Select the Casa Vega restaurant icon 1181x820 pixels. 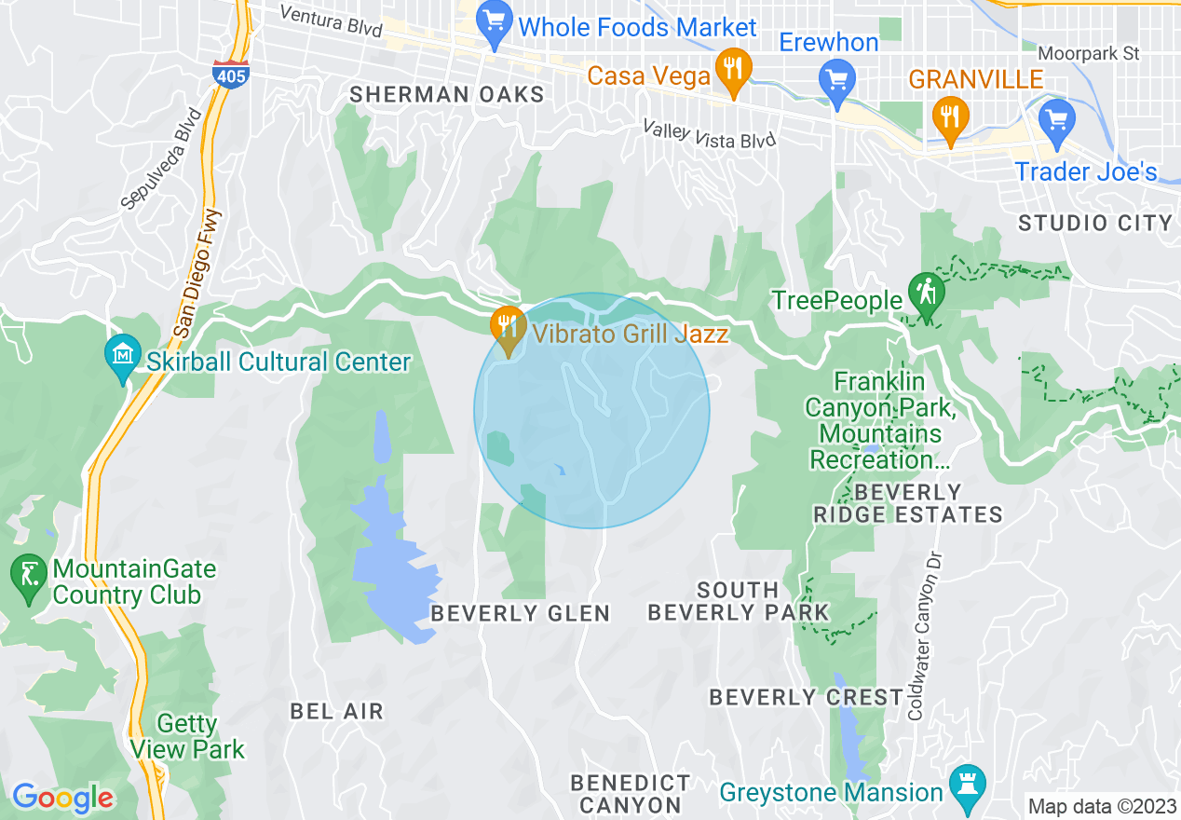734,68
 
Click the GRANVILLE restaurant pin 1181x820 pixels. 950,117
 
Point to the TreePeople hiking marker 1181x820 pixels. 926,291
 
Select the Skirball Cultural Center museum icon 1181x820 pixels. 124,355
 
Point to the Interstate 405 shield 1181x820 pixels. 230,74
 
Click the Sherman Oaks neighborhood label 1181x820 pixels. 447,94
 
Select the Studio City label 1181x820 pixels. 1094,223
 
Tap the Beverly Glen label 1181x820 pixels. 520,612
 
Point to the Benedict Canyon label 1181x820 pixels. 631,793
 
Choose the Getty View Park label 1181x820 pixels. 187,736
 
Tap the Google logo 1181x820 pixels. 62,798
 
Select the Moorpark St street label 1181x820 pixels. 1088,54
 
